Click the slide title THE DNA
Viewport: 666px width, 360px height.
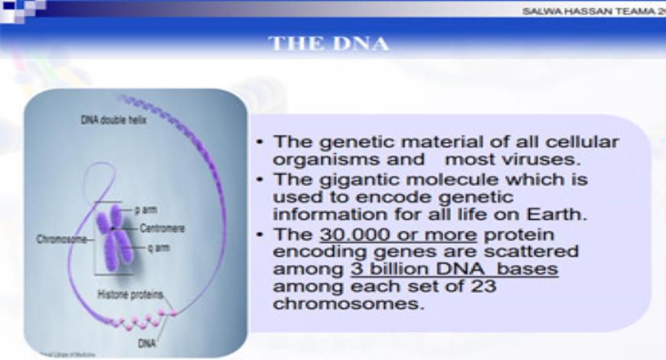coord(328,44)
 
